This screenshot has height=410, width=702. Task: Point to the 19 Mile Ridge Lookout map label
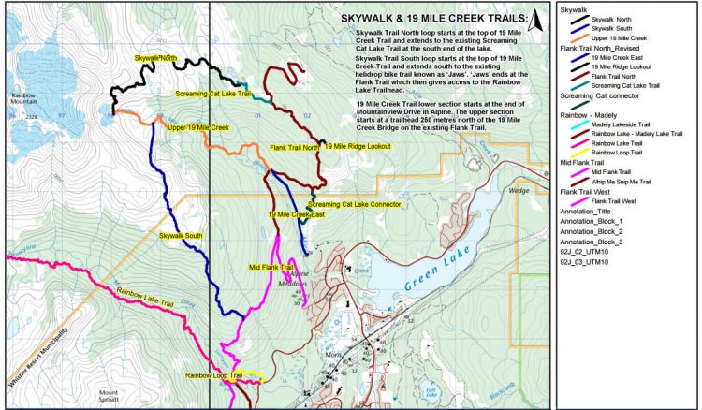(357, 146)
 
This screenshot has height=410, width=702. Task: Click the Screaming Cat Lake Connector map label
(351, 204)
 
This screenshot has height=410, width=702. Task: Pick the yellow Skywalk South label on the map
(181, 235)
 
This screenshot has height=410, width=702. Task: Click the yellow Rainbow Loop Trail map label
(213, 375)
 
